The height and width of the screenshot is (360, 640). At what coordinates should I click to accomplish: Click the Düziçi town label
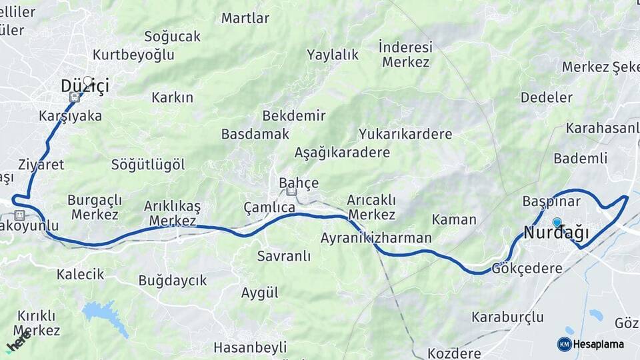[85, 86]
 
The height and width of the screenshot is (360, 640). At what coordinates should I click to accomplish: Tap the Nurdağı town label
[557, 233]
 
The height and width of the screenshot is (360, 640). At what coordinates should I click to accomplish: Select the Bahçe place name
[299, 183]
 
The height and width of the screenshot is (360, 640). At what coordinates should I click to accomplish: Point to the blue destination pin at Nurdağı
[557, 223]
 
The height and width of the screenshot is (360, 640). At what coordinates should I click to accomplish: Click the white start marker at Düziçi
[87, 81]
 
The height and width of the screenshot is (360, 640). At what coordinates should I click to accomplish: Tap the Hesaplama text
[599, 344]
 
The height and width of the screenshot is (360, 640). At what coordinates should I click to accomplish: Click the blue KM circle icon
[564, 344]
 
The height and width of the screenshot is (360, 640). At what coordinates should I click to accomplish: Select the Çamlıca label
[269, 207]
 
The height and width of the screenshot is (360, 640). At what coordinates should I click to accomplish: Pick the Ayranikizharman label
[376, 238]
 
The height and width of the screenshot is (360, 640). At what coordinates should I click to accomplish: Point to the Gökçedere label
[527, 268]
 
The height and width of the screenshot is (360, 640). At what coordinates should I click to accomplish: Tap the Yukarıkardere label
[405, 134]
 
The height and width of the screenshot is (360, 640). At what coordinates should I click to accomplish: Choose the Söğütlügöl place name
[148, 165]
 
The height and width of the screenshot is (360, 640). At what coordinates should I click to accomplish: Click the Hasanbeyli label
[250, 347]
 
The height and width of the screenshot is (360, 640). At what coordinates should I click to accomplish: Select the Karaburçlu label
[507, 317]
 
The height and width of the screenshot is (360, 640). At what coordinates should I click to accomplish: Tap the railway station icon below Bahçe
[291, 192]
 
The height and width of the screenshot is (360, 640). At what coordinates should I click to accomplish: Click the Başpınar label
[548, 201]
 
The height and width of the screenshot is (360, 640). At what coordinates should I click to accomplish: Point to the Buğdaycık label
[173, 281]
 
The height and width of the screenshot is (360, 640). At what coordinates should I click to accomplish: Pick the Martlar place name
[245, 17]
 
